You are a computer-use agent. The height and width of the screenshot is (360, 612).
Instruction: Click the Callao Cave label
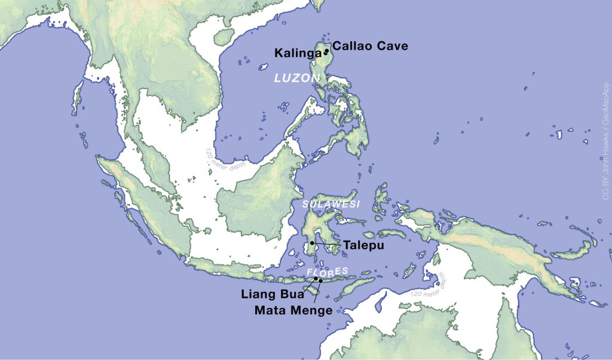tap(370, 45)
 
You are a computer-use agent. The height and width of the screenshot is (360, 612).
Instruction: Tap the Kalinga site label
tap(298, 53)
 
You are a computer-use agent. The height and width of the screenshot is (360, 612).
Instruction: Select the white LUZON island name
tap(296, 78)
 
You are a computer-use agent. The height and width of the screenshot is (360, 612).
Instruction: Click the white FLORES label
tap(327, 272)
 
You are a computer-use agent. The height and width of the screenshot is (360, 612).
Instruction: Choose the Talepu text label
tap(363, 245)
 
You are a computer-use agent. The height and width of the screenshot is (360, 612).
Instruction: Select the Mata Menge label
tap(293, 310)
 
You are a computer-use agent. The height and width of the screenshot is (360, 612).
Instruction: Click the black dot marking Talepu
tap(312, 243)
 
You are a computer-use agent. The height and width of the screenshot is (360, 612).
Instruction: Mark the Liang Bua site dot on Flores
tap(316, 279)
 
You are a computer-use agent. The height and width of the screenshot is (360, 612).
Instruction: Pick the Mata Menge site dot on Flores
tap(321, 280)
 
